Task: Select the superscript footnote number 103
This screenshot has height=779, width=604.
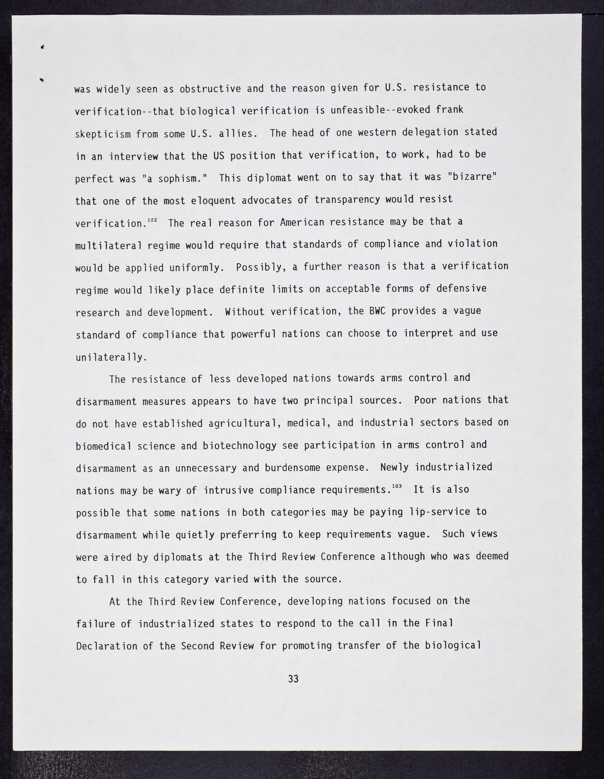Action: pyautogui.click(x=396, y=486)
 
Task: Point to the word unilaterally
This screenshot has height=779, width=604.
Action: pyautogui.click(x=111, y=357)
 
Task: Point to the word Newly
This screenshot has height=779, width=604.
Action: pyautogui.click(x=394, y=467)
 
